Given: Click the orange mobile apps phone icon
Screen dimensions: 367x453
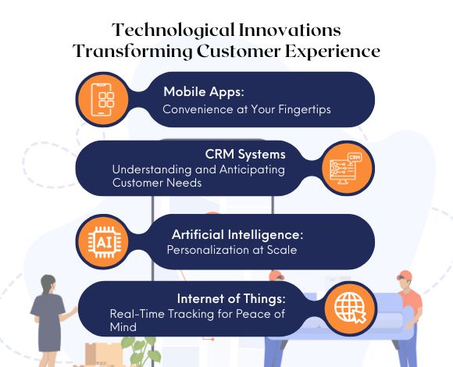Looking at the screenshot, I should click(x=104, y=100).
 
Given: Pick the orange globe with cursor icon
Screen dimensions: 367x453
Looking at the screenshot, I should click(x=349, y=308).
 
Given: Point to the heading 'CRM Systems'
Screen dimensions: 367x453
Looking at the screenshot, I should click(x=245, y=153).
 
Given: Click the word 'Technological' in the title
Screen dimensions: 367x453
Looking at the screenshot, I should click(x=164, y=30).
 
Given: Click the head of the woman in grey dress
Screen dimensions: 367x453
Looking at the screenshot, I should click(x=49, y=283).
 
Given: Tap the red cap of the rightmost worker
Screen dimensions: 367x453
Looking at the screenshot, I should click(x=404, y=276).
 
